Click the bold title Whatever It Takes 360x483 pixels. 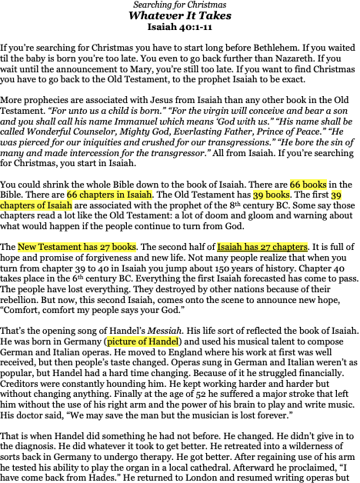pyautogui.click(x=180, y=15)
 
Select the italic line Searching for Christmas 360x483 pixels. pyautogui.click(x=180, y=5)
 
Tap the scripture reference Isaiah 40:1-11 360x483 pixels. pyautogui.click(x=180, y=27)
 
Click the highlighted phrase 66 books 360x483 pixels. pyautogui.click(x=308, y=185)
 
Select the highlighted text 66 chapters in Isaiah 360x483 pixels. pyautogui.click(x=109, y=195)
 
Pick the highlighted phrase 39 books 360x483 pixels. pyautogui.click(x=272, y=195)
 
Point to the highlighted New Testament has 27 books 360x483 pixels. pyautogui.click(x=77, y=247)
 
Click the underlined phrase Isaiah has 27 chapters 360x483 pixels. pyautogui.click(x=262, y=247)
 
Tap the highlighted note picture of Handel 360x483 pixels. pyautogui.click(x=143, y=341)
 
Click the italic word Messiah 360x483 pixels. pyautogui.click(x=165, y=331)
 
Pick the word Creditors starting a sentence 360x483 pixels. pyautogui.click(x=18, y=384)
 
